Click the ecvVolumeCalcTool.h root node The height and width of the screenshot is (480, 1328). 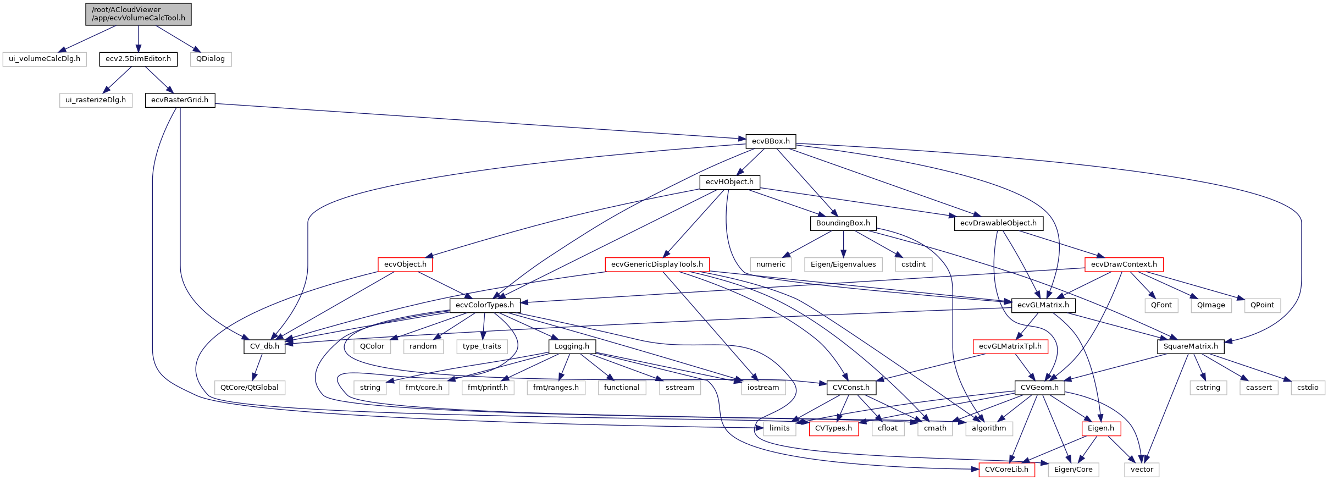pyautogui.click(x=139, y=14)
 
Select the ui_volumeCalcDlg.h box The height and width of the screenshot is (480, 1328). pyautogui.click(x=45, y=59)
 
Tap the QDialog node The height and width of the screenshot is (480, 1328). pyautogui.click(x=211, y=59)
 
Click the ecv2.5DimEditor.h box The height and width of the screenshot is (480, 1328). pyautogui.click(x=138, y=59)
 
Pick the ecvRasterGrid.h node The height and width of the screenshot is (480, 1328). pyautogui.click(x=180, y=100)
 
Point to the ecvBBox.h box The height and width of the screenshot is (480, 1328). pyautogui.click(x=771, y=141)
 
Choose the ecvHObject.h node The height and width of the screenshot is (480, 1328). pyautogui.click(x=729, y=182)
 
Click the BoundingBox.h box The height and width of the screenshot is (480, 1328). pyautogui.click(x=843, y=223)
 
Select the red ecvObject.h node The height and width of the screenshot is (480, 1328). pyautogui.click(x=405, y=264)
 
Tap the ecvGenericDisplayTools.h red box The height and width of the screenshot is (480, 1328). pyautogui.click(x=657, y=264)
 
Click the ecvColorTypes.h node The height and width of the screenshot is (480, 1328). pyautogui.click(x=485, y=305)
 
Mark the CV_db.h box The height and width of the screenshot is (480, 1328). pyautogui.click(x=264, y=346)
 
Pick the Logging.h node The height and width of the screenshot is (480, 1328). pyautogui.click(x=572, y=346)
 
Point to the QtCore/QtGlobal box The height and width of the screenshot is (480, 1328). pyautogui.click(x=249, y=388)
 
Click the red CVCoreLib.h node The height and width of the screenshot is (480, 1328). pyautogui.click(x=1006, y=470)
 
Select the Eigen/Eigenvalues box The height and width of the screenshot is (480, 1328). pyautogui.click(x=843, y=264)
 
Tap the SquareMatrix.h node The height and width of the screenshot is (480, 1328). pyautogui.click(x=1191, y=346)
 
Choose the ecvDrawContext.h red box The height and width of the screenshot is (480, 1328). pyautogui.click(x=1124, y=264)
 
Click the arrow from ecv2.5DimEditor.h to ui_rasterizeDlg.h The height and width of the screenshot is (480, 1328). pyautogui.click(x=118, y=79)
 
